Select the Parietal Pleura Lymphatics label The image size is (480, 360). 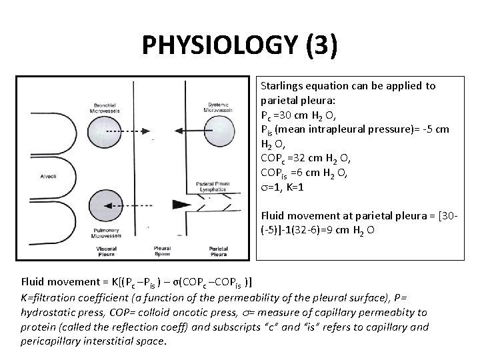(213, 186)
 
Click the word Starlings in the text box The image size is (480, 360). (282, 86)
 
